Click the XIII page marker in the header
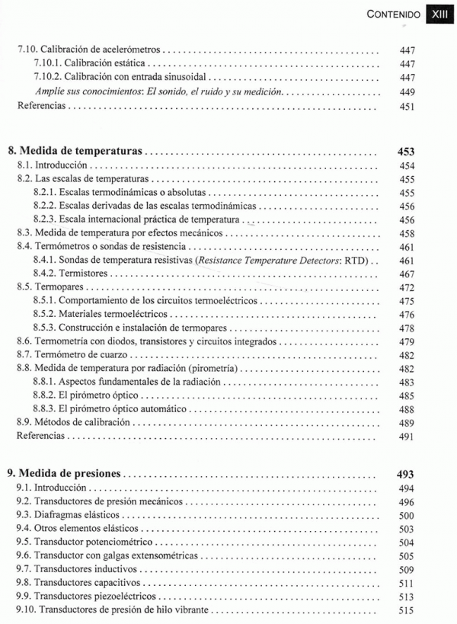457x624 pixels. point(440,14)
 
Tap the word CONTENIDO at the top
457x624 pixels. point(393,14)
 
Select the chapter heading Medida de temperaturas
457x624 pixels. point(80,152)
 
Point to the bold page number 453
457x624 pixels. point(405,152)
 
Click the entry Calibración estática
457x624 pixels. point(91,64)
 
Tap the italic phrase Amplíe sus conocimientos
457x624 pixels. point(92,91)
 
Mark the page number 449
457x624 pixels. point(406,91)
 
